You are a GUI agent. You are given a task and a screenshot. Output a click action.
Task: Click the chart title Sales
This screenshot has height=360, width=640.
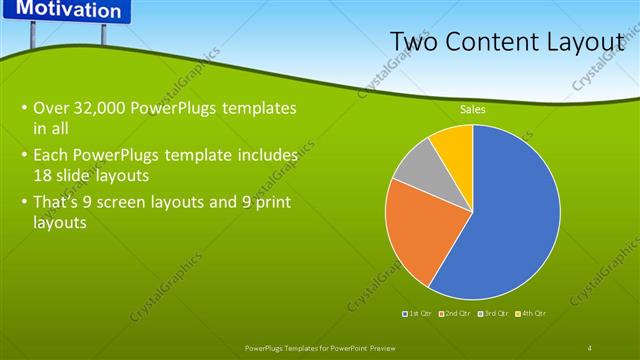coord(473,109)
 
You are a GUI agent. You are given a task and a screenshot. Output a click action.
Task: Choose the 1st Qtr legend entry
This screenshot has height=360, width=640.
coord(417,314)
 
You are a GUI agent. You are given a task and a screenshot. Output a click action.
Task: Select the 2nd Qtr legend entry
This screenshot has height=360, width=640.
coord(456,314)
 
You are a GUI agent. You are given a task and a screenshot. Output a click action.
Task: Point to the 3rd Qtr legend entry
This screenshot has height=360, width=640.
coord(494,314)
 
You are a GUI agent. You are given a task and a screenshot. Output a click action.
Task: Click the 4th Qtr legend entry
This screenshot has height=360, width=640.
coord(531,314)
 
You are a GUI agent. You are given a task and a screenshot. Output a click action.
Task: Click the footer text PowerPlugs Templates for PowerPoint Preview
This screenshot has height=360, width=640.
coord(320,347)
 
